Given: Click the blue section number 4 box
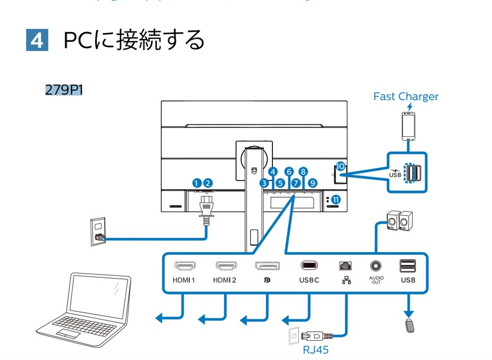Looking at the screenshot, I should [37, 40].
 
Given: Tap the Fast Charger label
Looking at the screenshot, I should [406, 96].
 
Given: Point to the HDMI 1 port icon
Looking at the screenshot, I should [184, 265].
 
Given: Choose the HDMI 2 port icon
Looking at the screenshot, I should [224, 265].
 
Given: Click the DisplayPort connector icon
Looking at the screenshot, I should [267, 265].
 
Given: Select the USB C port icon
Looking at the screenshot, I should [309, 265].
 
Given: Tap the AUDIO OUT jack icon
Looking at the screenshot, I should [376, 265].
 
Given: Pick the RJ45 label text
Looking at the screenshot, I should [316, 350].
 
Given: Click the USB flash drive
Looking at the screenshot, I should [408, 324].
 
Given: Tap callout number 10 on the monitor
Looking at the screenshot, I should [340, 166].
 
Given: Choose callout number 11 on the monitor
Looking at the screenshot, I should [335, 199].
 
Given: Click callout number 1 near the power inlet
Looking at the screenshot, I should [196, 182].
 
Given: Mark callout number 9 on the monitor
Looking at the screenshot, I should [313, 182].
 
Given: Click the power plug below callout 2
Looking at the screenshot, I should [207, 209].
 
